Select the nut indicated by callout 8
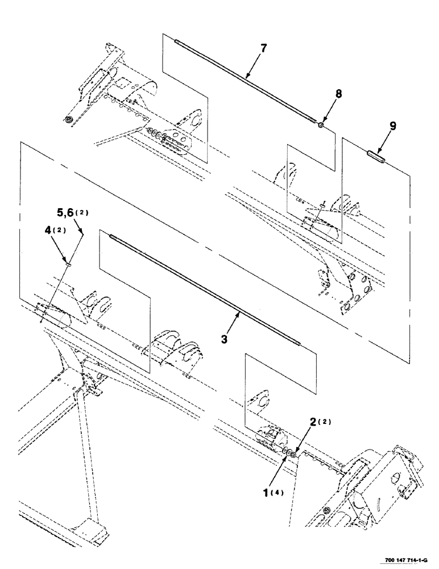(x=321, y=124)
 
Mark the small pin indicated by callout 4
(x=68, y=263)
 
